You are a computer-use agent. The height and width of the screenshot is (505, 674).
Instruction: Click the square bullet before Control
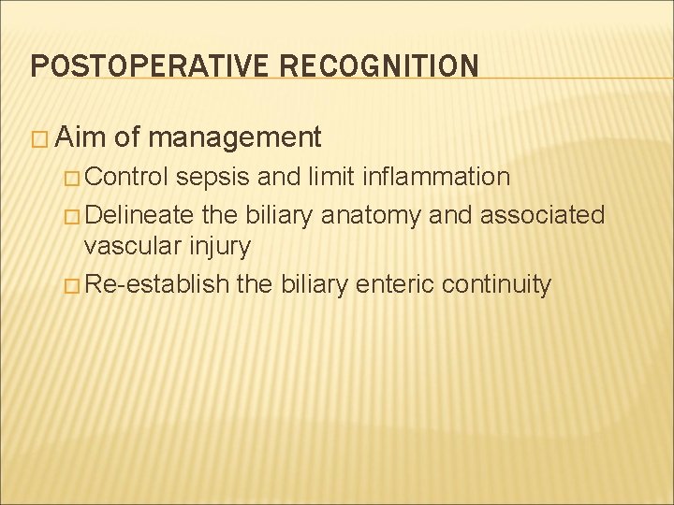click(x=70, y=178)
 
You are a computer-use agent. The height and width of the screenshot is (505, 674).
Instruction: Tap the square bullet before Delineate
click(x=70, y=215)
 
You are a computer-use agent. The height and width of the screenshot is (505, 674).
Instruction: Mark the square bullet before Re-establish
click(x=70, y=284)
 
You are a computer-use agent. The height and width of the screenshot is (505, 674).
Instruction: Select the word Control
click(x=125, y=177)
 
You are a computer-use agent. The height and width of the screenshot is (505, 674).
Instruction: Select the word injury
click(x=218, y=248)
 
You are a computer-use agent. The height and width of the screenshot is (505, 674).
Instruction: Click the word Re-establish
click(x=156, y=283)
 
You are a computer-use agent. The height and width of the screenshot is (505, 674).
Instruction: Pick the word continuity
click(x=491, y=283)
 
